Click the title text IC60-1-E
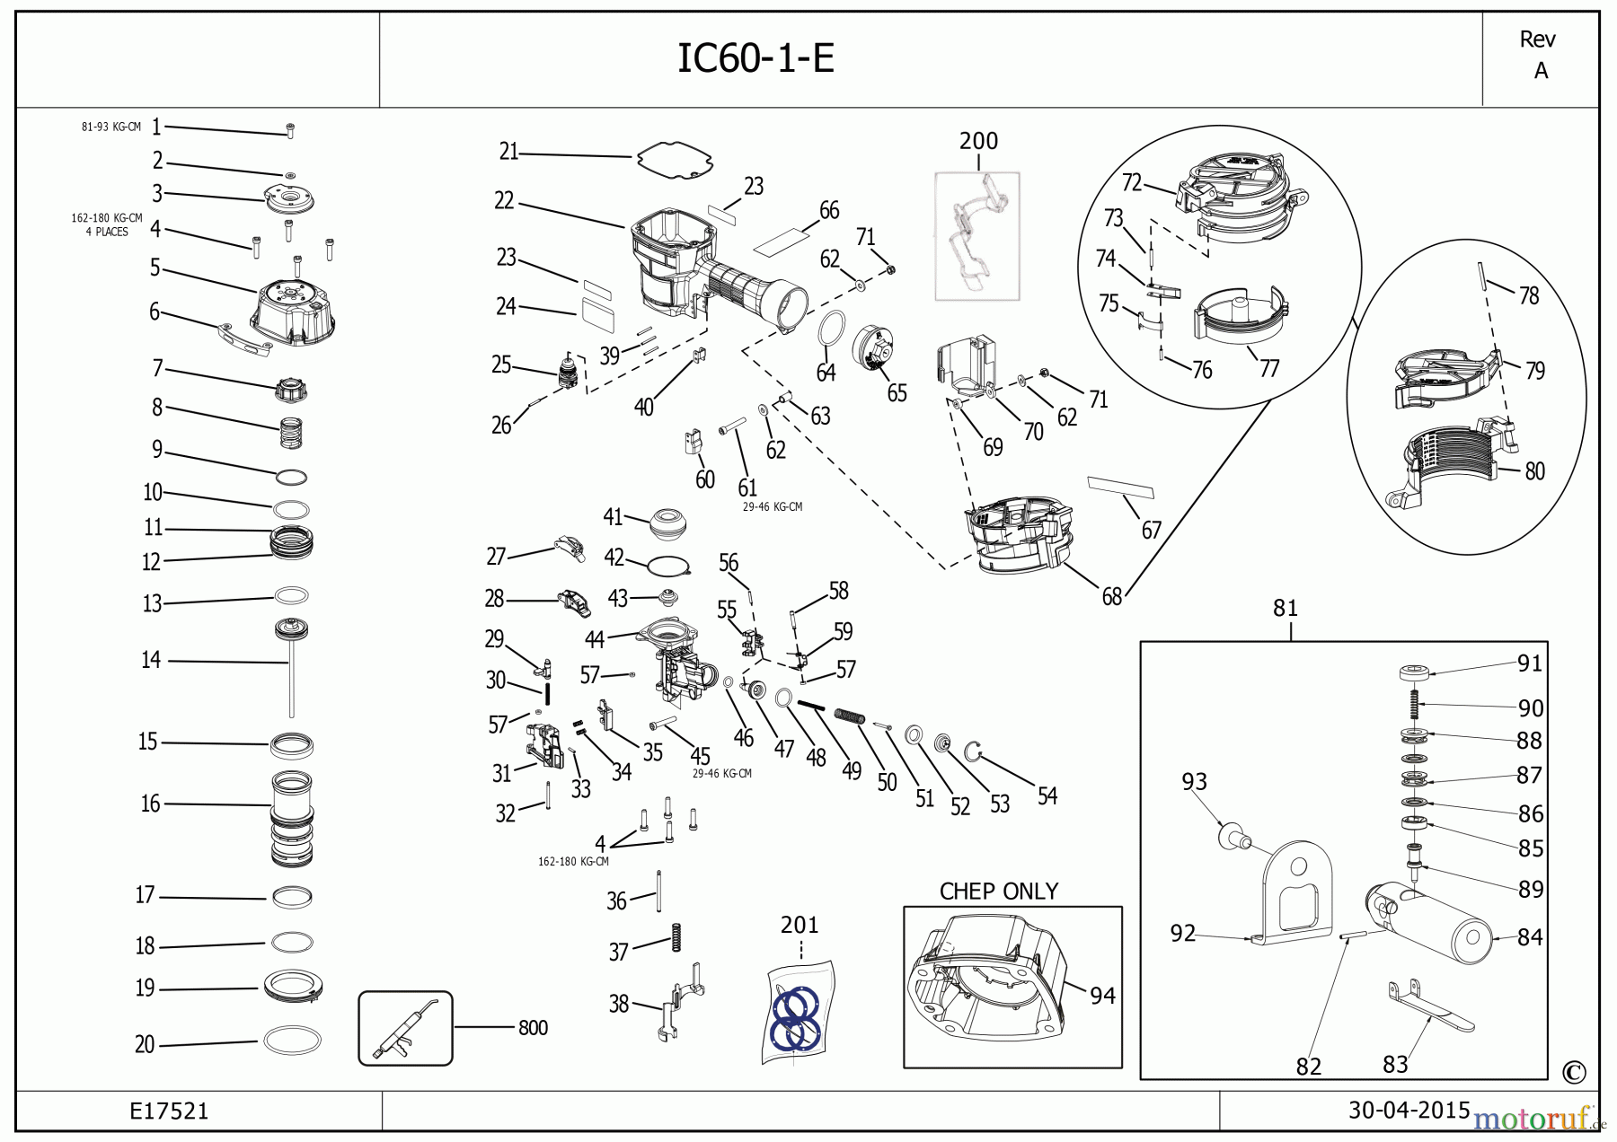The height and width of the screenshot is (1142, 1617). point(755,58)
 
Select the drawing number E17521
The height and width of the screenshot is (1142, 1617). point(169,1111)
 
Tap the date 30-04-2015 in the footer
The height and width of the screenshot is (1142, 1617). point(1409,1111)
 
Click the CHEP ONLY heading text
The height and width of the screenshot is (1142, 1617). point(998,892)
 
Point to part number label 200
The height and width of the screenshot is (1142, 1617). point(978,141)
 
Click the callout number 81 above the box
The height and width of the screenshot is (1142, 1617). point(1286,609)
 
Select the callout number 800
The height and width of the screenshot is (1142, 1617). point(533,1028)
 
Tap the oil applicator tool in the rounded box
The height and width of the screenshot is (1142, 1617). point(405,1028)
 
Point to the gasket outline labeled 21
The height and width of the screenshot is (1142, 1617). point(675,159)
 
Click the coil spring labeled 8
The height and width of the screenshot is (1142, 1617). point(292,433)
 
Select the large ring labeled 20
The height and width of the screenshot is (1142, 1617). point(292,1041)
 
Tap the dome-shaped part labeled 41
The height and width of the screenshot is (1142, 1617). point(668,523)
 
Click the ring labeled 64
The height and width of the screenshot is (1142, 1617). point(832,328)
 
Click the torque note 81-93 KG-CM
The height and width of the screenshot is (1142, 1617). point(110,127)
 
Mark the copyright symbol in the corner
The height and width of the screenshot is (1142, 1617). point(1574,1072)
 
